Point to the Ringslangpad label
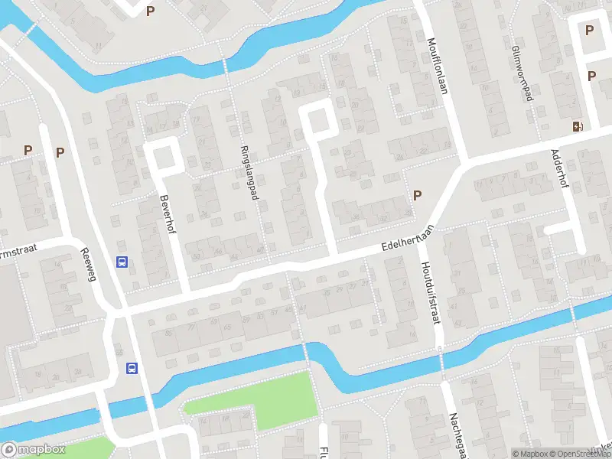(x=249, y=173)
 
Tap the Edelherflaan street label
(x=409, y=239)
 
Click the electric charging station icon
(x=576, y=126)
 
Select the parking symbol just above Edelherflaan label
(x=417, y=195)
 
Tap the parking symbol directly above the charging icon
(x=591, y=76)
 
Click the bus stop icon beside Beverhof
(x=122, y=262)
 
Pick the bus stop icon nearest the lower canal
(x=132, y=368)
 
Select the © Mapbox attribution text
(x=530, y=454)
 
